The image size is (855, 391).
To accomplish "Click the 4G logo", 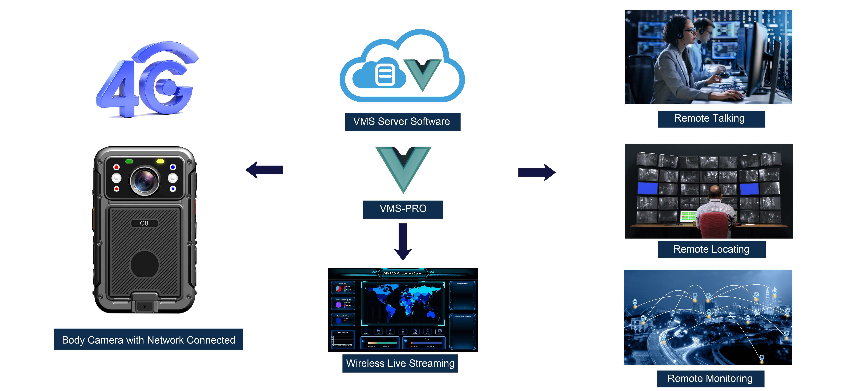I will pyautogui.click(x=146, y=81).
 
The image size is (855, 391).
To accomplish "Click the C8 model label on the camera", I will pyautogui.click(x=144, y=223).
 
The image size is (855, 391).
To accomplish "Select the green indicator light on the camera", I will pyautogui.click(x=129, y=161).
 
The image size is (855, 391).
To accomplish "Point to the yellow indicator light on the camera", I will pyautogui.click(x=160, y=161).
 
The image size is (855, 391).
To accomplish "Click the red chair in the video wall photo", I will pyautogui.click(x=714, y=226).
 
